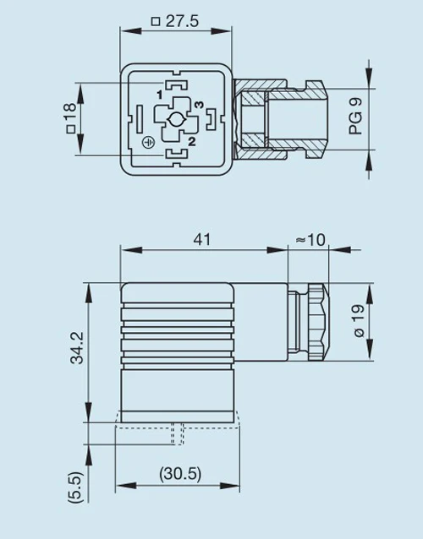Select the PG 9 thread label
pyautogui.click(x=355, y=117)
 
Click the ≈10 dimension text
pyautogui.click(x=310, y=239)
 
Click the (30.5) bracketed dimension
pyautogui.click(x=179, y=474)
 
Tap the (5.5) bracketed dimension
pyautogui.click(x=76, y=487)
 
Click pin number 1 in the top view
pyautogui.click(x=159, y=95)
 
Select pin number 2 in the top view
pyautogui.click(x=192, y=141)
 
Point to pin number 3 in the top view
pyautogui.click(x=198, y=104)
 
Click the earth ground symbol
pyautogui.click(x=149, y=143)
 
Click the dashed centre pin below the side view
pyautogui.click(x=174, y=433)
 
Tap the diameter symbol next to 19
pyautogui.click(x=357, y=335)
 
